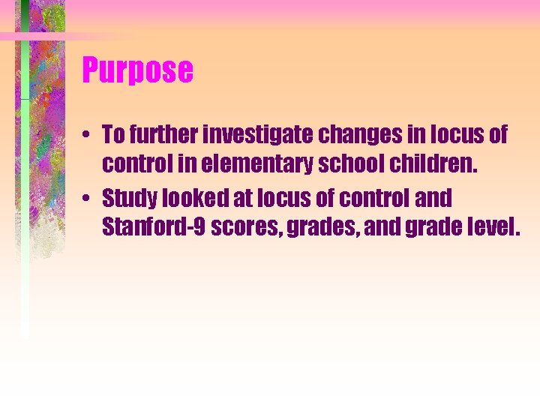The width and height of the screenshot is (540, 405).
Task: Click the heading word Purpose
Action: click(x=137, y=70)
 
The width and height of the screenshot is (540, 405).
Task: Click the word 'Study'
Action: click(x=127, y=199)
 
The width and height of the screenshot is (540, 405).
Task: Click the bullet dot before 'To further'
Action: click(x=88, y=136)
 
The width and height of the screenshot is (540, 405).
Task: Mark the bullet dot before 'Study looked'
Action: click(x=88, y=199)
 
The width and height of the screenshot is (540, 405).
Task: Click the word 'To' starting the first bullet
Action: click(x=112, y=135)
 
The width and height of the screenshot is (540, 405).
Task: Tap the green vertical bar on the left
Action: click(x=25, y=187)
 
